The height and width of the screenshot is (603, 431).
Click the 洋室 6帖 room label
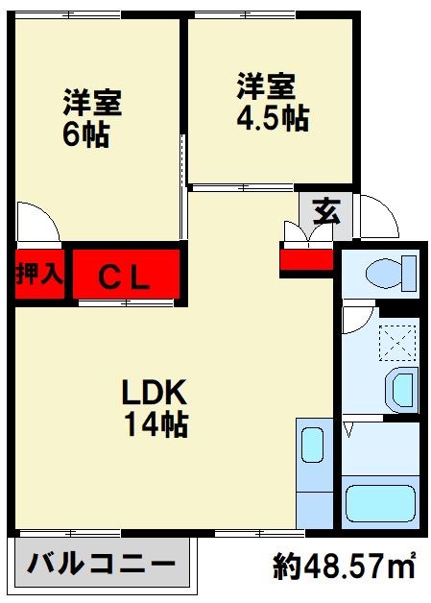click(x=92, y=118)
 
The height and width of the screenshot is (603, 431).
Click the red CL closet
click(x=125, y=277)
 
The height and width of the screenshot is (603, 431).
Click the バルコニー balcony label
click(x=101, y=565)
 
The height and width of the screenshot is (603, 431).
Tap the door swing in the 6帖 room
click(x=38, y=223)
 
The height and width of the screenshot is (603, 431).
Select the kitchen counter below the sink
click(x=312, y=499)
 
